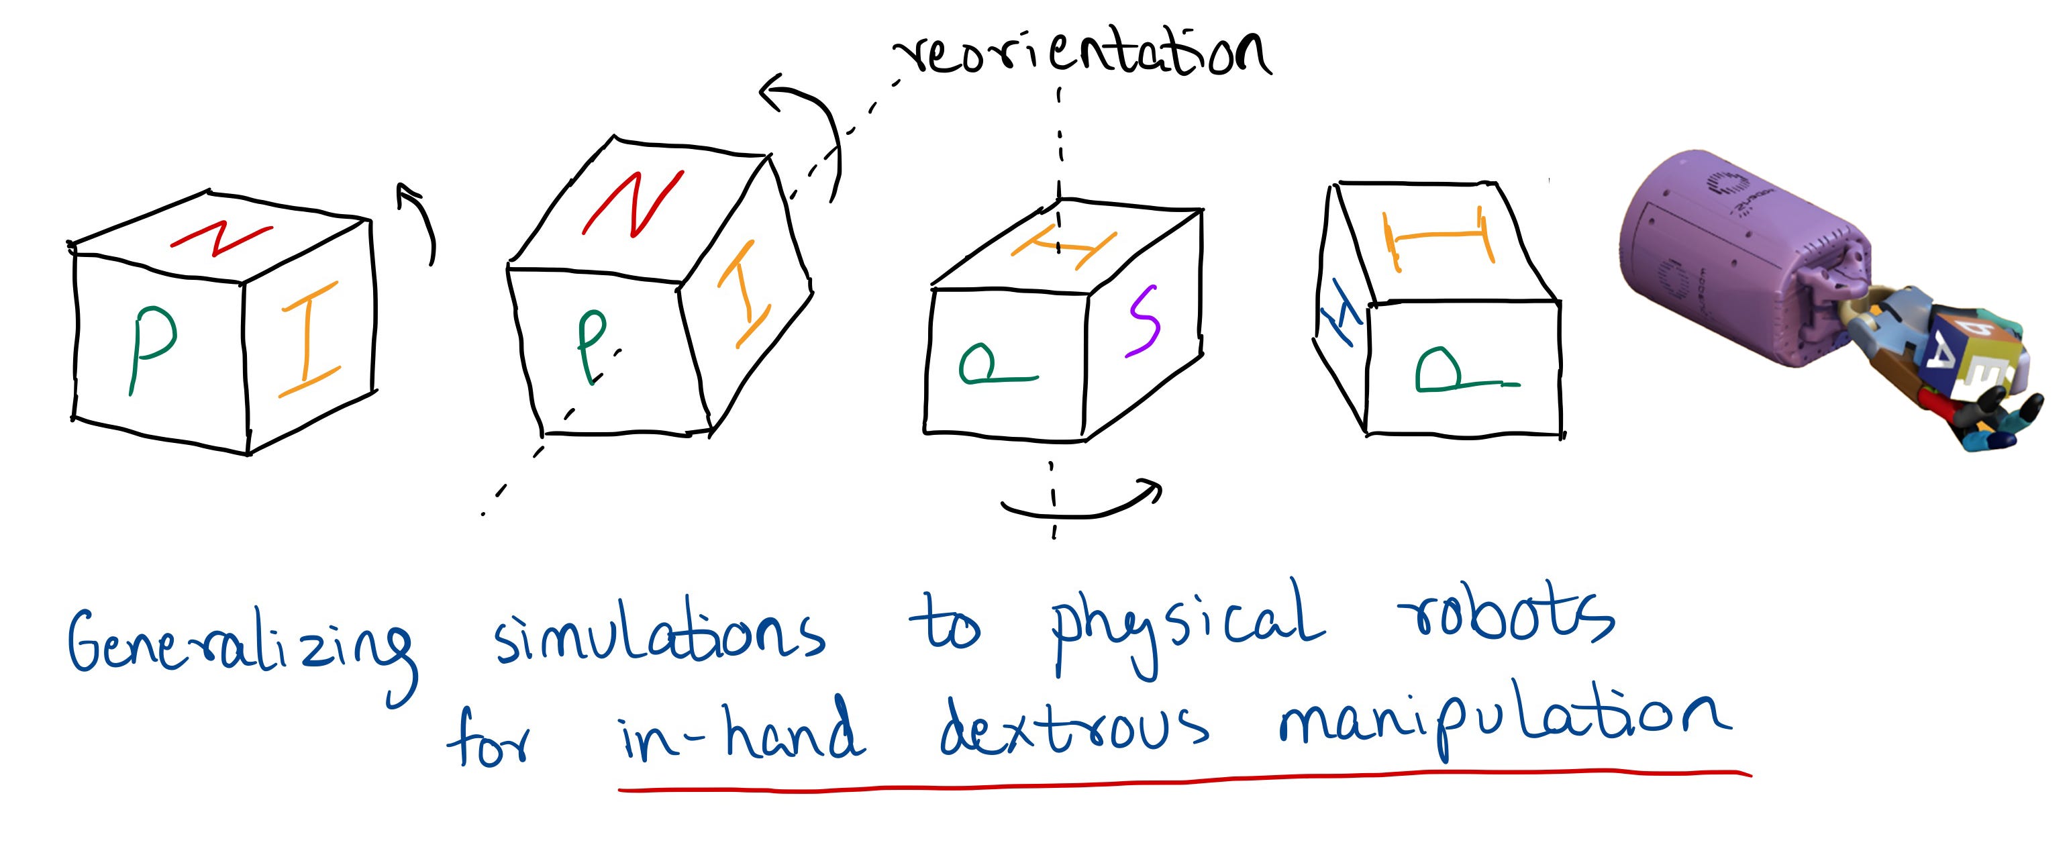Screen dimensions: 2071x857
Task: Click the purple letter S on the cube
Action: click(x=1144, y=321)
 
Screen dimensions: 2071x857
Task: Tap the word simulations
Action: click(x=659, y=635)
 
